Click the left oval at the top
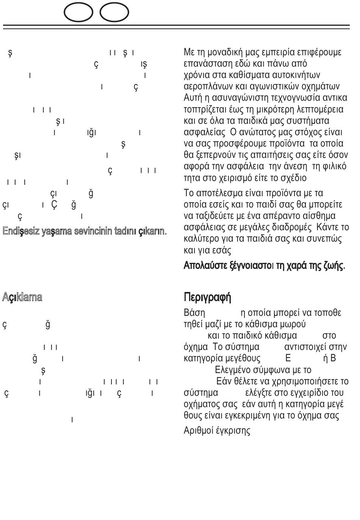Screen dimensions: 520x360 78,13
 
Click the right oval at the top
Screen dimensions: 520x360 114,13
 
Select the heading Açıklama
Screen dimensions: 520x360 22,297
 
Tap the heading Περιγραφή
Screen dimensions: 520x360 207,297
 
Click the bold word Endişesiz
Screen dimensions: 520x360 21,231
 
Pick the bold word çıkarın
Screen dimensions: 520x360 152,231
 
